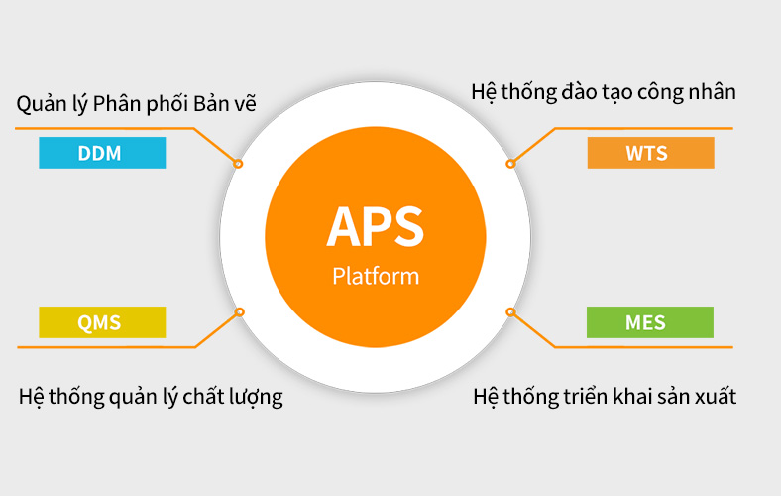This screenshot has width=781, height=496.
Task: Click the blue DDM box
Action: point(102,153)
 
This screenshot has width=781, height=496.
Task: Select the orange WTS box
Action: point(650,153)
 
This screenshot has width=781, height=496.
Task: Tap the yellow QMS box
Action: point(102,322)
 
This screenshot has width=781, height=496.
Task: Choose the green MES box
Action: point(650,322)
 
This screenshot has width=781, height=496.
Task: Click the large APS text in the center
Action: point(375,227)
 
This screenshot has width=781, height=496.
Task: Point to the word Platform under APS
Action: point(376,276)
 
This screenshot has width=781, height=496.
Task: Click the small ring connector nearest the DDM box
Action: point(238,164)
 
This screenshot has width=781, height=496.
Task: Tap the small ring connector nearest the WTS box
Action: point(510,164)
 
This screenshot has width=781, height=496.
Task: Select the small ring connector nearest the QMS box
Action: point(240,312)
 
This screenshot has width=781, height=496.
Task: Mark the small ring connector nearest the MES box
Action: point(510,312)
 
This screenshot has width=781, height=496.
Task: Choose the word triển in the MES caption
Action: point(586,397)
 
